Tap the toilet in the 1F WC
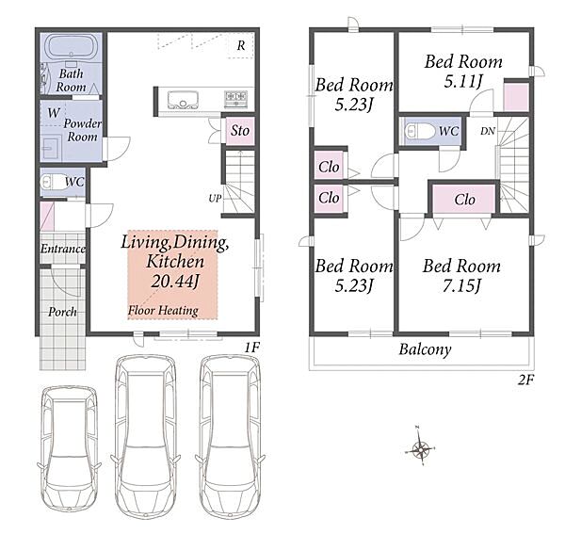pos(52,183)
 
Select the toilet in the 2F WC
pos(420,131)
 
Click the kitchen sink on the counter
pos(183,100)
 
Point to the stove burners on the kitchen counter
pos(236,98)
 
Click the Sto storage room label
pos(240,130)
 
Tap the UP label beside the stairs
pos(215,198)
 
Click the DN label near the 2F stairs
pos(488,131)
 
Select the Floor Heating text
pos(163,311)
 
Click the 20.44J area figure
pos(175,282)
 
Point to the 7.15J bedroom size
pos(461,286)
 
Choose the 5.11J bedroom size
pos(463,81)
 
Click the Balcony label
pos(426,349)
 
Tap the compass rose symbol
pos(420,448)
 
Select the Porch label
pos(63,312)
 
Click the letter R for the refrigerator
pos(241,45)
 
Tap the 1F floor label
pos(252,348)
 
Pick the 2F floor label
pos(525,380)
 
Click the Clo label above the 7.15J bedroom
pos(465,200)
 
